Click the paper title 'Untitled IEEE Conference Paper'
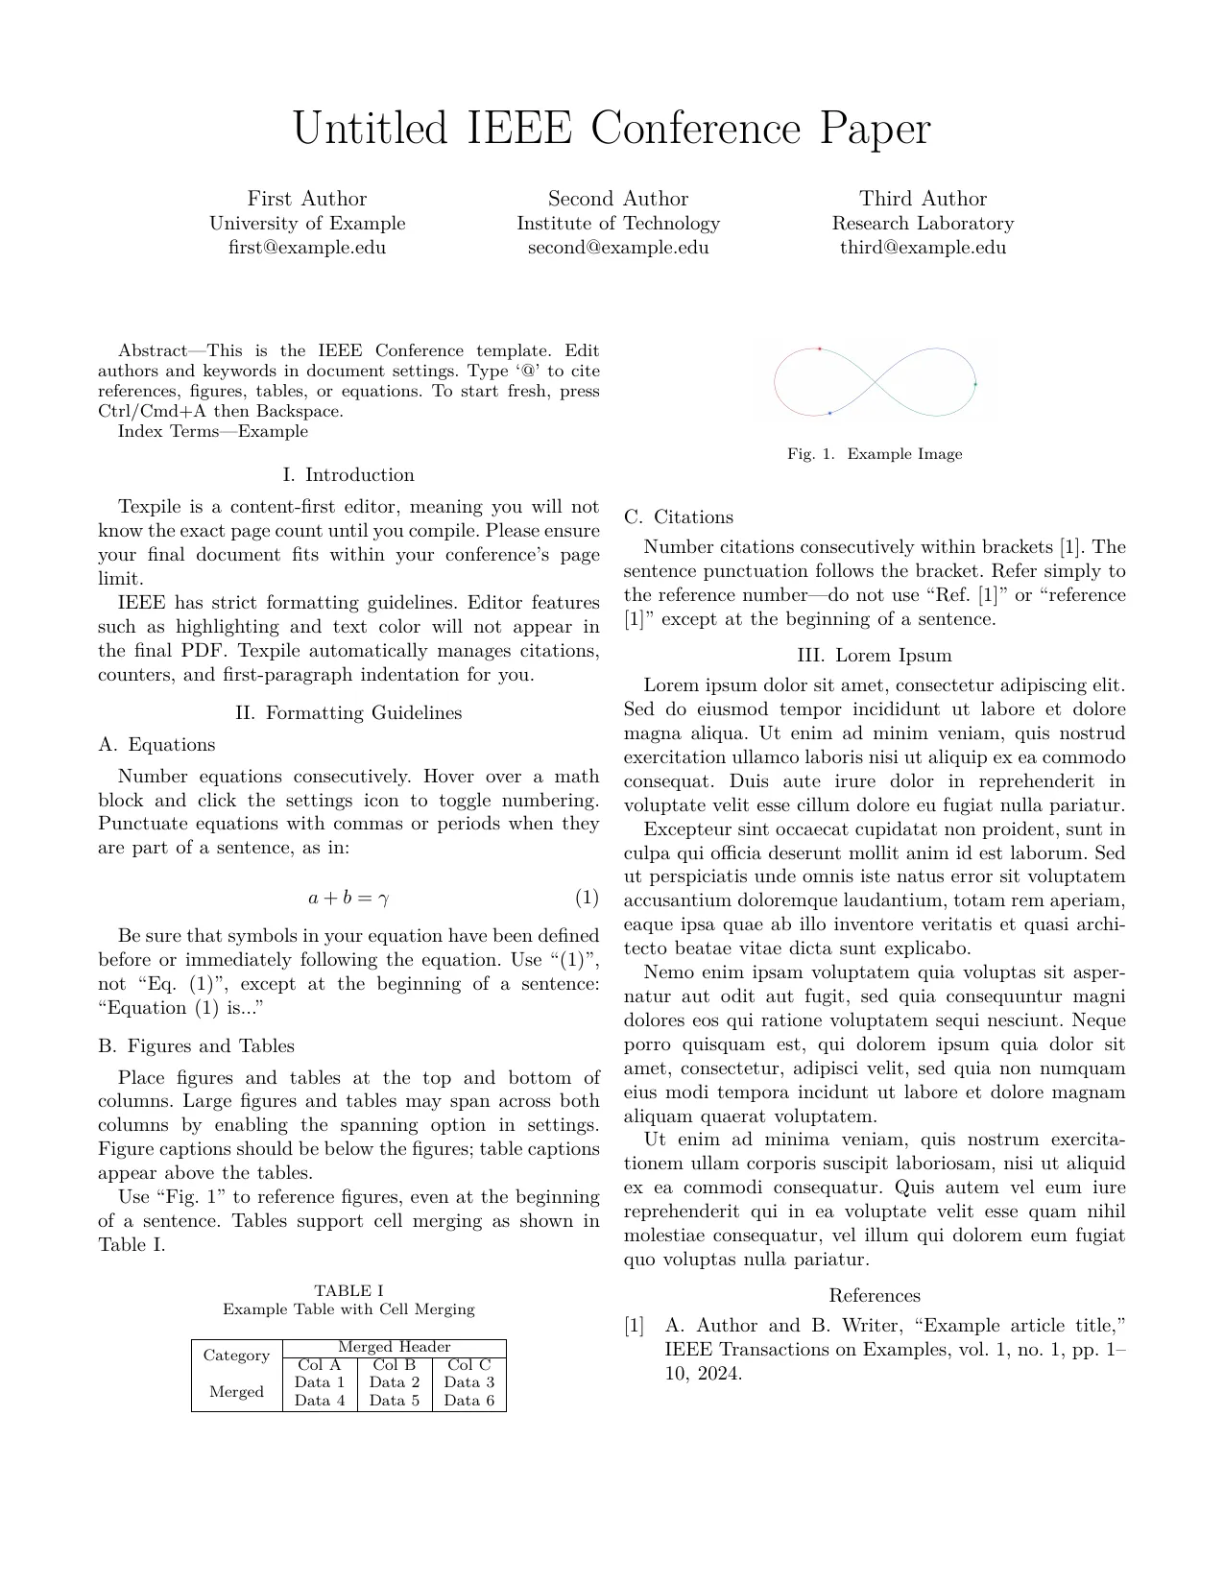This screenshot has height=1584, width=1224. (612, 129)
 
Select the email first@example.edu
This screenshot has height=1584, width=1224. (307, 247)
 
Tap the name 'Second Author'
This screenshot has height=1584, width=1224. (618, 199)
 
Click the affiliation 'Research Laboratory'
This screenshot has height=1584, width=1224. (923, 223)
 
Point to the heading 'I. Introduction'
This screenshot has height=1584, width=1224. (348, 475)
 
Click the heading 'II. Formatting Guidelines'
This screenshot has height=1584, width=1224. (348, 712)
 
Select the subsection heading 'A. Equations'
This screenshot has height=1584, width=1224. (156, 745)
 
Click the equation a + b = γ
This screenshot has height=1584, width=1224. (348, 899)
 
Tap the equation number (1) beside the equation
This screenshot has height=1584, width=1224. (587, 899)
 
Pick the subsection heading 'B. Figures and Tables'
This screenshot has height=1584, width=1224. (197, 1046)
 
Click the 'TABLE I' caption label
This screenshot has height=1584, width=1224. (348, 1291)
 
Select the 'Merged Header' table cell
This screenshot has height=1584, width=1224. (394, 1347)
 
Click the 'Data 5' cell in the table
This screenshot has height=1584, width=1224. (394, 1401)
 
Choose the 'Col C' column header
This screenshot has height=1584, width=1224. (468, 1364)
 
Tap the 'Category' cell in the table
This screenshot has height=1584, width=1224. (236, 1356)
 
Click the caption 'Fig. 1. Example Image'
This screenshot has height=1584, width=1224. (875, 454)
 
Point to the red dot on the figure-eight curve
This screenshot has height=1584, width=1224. (819, 349)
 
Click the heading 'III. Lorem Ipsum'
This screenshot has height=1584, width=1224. (875, 656)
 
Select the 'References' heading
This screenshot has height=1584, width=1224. (875, 1296)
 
